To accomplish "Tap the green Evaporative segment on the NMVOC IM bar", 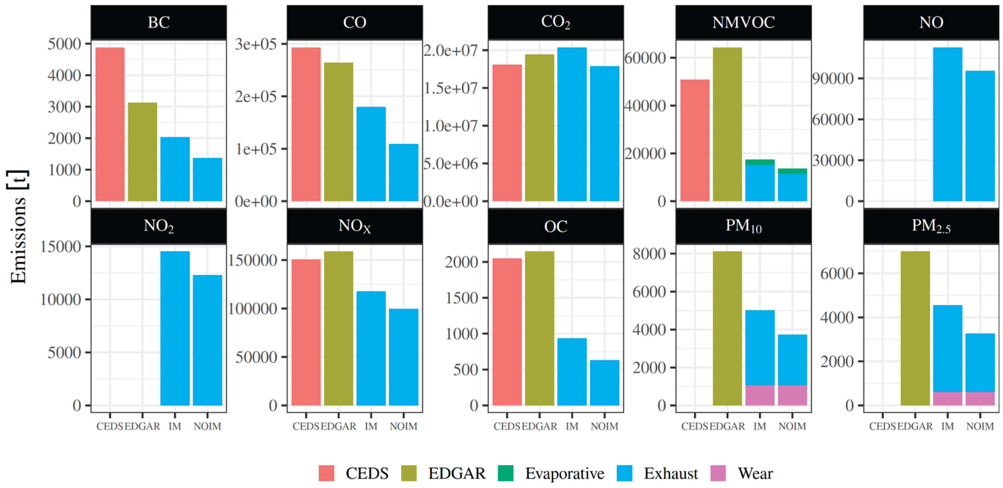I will tap(760, 162).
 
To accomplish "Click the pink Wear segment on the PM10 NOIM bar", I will tap(792, 395).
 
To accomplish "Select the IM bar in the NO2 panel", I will tap(175, 328).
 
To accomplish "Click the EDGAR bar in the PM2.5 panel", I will tap(915, 328).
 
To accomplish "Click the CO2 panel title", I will tap(555, 22).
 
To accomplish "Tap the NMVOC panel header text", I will tap(743, 22).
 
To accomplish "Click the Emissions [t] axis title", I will tap(18, 227).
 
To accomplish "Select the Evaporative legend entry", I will tap(564, 473).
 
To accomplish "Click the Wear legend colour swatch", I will tap(718, 473).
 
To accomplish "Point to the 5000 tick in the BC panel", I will tap(64, 44).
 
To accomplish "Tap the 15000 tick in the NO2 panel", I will tap(60, 246).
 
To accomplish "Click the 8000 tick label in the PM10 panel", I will tap(649, 254).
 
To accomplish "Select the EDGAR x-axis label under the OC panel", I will tap(539, 426).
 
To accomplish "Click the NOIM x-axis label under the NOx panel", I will tap(403, 426).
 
